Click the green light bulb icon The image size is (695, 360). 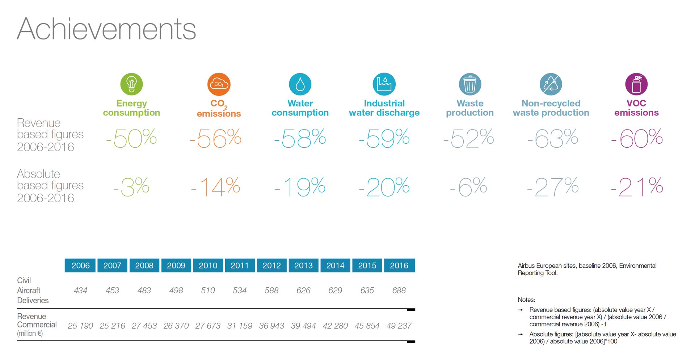tap(131, 84)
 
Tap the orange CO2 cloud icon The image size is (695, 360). tap(219, 84)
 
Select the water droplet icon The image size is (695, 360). tap(300, 84)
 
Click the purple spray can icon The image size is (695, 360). tap(636, 84)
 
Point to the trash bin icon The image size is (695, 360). tap(470, 84)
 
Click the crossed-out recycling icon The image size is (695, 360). tap(551, 84)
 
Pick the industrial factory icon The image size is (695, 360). tap(384, 84)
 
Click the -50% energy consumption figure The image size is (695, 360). tap(131, 138)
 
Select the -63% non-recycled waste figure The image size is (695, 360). tap(553, 138)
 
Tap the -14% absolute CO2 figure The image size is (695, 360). tap(216, 187)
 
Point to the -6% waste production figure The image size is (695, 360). tap(469, 187)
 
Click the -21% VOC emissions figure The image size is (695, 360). tap(637, 187)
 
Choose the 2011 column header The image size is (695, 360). tap(240, 266)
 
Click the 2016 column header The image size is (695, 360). tap(399, 266)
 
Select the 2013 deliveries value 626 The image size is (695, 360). tap(303, 291)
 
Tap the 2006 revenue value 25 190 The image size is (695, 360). tap(80, 326)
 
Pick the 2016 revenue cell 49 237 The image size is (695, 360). tap(399, 326)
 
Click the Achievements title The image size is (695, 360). tap(106, 29)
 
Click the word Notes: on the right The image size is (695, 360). tap(526, 300)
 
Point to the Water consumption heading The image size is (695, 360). tap(300, 108)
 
